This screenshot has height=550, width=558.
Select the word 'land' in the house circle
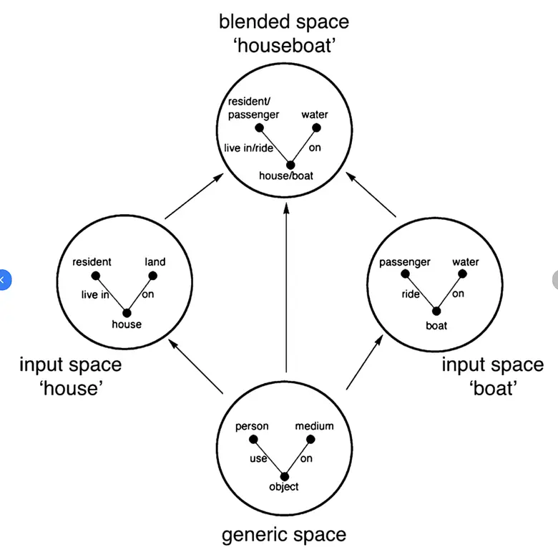(x=155, y=262)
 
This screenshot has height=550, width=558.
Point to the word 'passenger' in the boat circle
(x=405, y=262)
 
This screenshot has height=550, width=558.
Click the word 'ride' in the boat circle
(x=411, y=294)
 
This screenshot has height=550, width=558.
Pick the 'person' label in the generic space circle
(x=252, y=426)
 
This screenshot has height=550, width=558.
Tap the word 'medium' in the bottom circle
(x=314, y=426)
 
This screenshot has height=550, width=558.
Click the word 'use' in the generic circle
(x=258, y=458)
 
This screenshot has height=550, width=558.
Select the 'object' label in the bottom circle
(x=283, y=487)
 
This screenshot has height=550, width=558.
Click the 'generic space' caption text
(x=284, y=534)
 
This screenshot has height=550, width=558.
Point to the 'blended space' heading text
(x=284, y=21)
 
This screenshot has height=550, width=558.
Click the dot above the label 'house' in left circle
(x=127, y=312)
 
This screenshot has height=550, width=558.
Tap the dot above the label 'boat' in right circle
(x=436, y=311)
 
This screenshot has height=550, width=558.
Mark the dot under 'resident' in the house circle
(x=96, y=276)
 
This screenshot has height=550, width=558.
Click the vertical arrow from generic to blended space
(x=286, y=286)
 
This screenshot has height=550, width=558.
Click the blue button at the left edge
(x=3, y=279)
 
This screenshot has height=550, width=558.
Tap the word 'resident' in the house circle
(x=92, y=262)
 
